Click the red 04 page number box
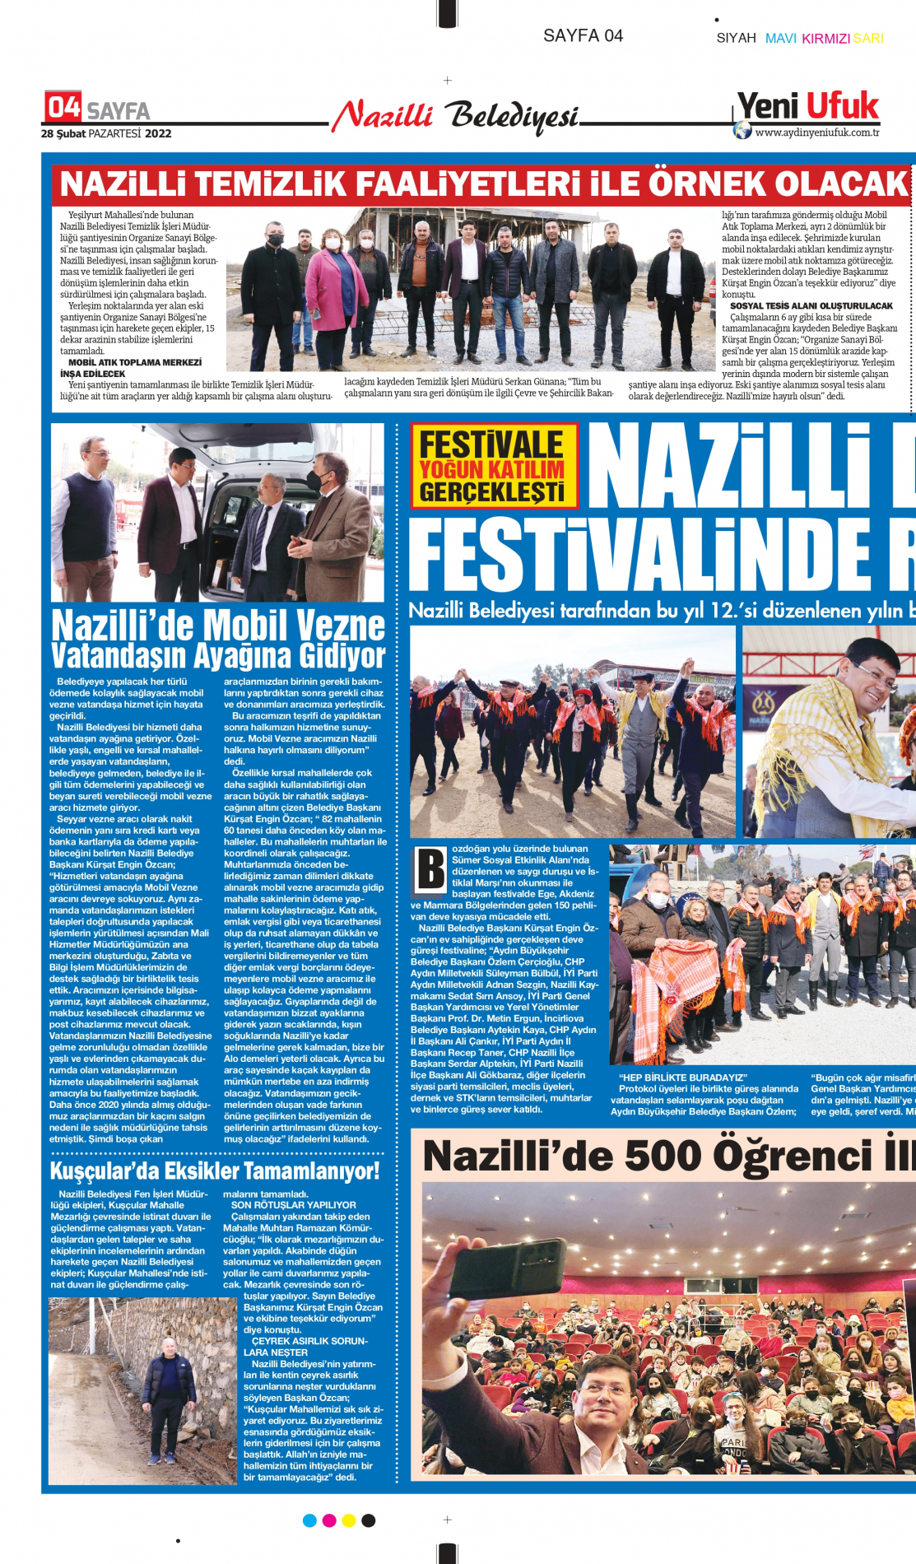click(x=63, y=107)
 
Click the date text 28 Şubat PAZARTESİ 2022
click(x=106, y=133)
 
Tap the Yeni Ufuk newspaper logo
click(x=807, y=107)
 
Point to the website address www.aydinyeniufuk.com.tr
click(x=816, y=133)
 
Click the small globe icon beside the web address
click(x=742, y=130)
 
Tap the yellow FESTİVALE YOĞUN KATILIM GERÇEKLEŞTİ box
click(x=493, y=466)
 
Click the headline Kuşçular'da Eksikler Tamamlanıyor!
click(x=215, y=1171)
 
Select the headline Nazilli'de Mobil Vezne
click(x=218, y=626)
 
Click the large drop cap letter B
click(x=430, y=869)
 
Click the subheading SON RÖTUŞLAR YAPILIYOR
click(x=293, y=1204)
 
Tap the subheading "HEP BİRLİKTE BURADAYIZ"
click(x=682, y=1078)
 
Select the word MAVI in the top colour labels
click(x=780, y=38)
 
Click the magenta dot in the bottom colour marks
click(x=329, y=1520)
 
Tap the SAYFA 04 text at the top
click(x=583, y=35)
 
